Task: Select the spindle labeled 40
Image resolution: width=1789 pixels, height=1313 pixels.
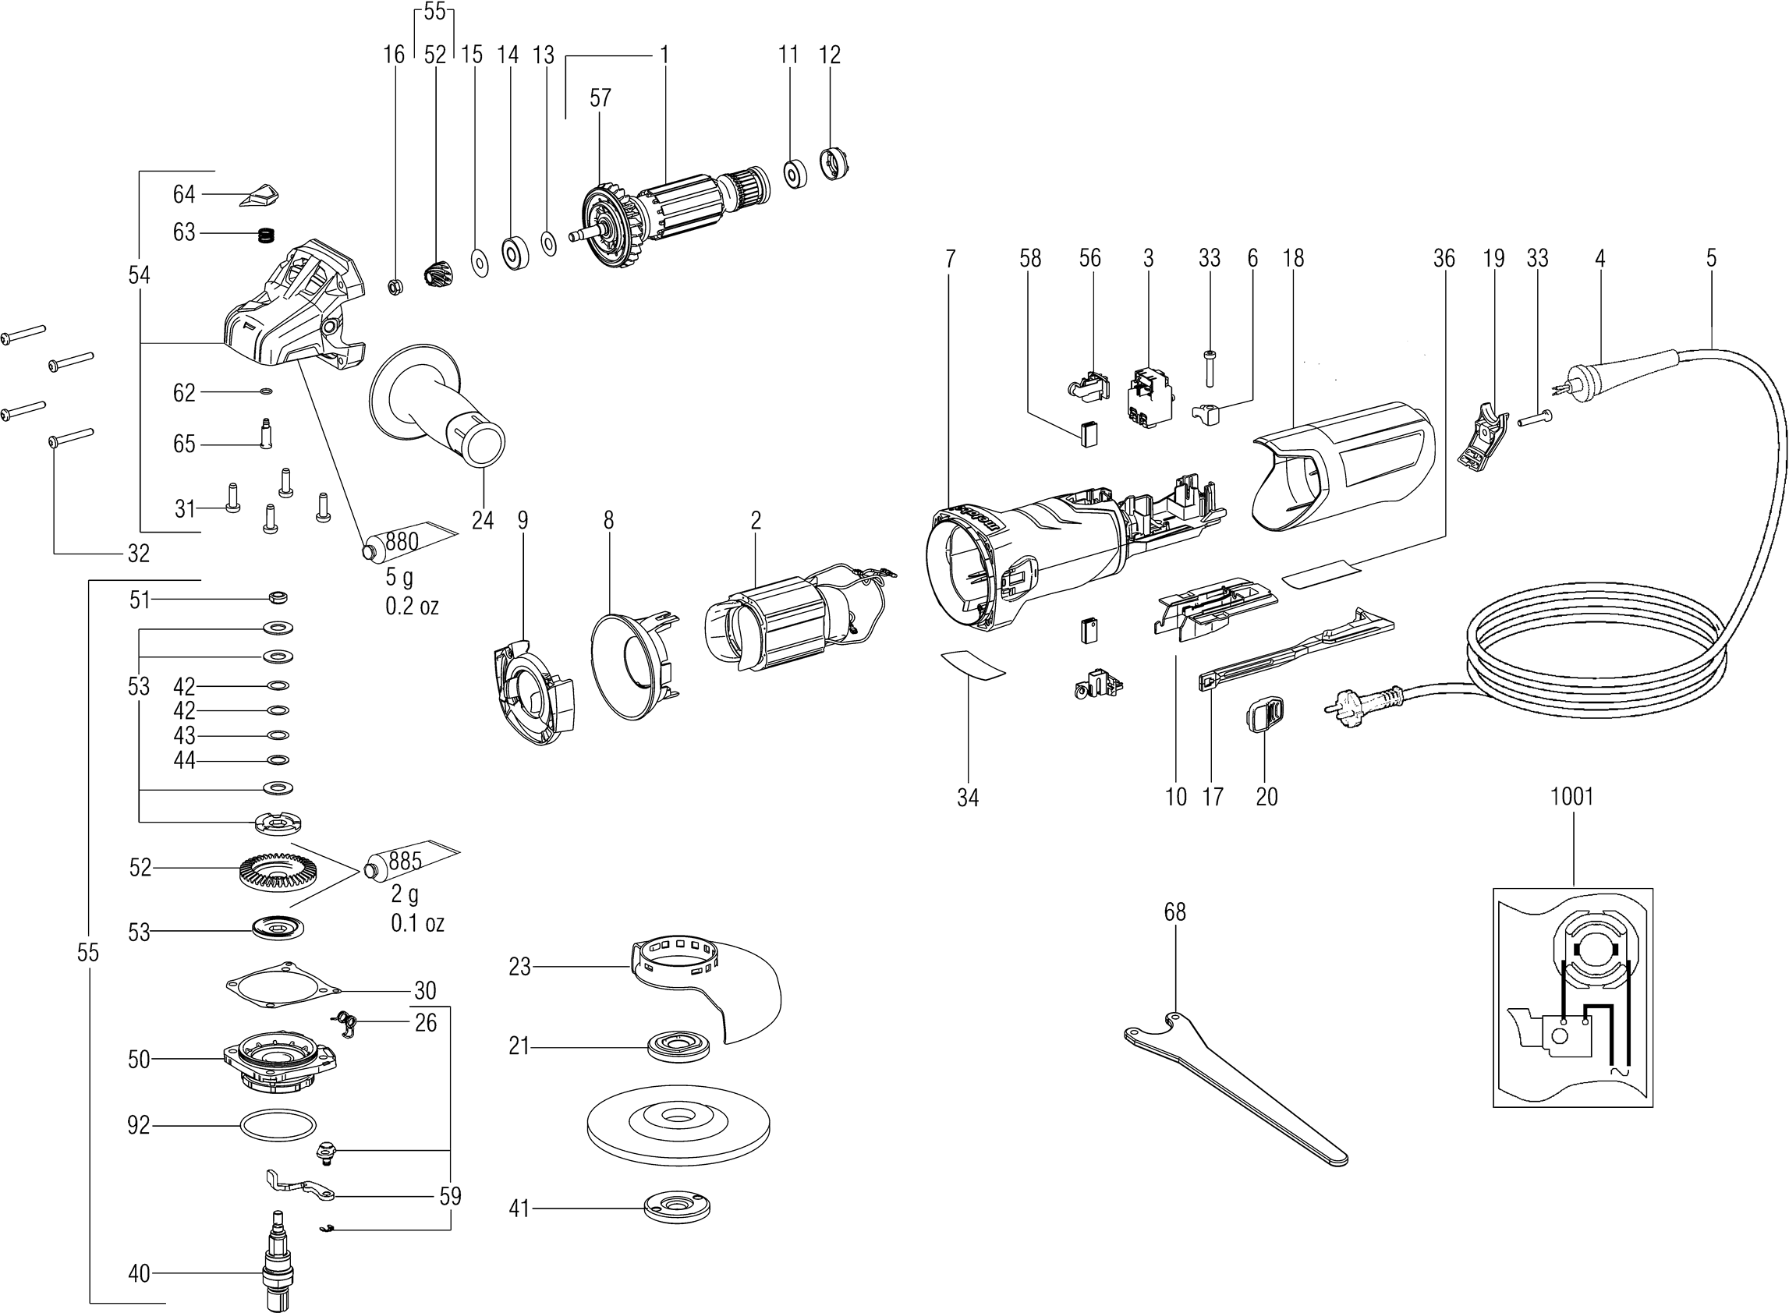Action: pyautogui.click(x=278, y=1256)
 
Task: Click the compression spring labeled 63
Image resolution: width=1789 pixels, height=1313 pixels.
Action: pyautogui.click(x=267, y=235)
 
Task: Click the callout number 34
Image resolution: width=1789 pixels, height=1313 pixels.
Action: pyautogui.click(x=967, y=797)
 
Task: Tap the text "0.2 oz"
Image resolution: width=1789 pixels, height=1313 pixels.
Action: pyautogui.click(x=412, y=607)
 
